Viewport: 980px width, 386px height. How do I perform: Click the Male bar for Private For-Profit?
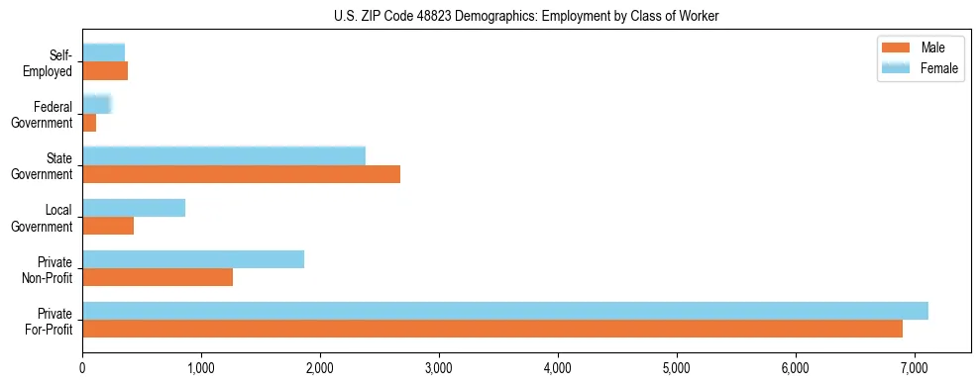491,329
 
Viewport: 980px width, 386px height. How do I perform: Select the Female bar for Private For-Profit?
504,311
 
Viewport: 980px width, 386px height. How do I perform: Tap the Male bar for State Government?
241,174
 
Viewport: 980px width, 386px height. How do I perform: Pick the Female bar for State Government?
223,155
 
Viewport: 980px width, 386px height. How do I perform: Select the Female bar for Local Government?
133,208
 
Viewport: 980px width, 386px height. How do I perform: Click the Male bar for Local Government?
107,226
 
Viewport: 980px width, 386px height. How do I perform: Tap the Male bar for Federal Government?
89,123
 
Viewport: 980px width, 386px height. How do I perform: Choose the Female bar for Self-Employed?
103,52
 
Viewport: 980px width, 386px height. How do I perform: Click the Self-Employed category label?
55,62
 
